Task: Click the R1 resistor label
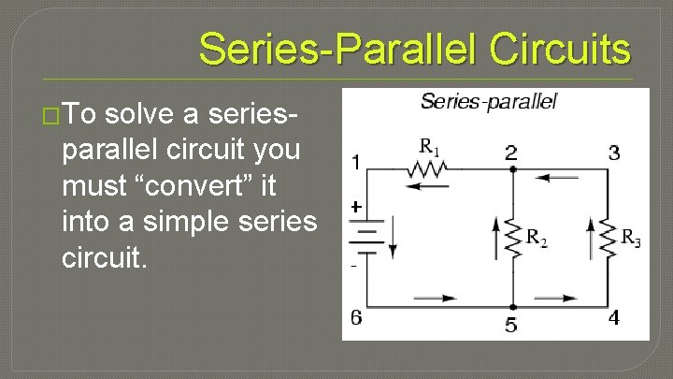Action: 429,147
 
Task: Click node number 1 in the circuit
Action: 356,163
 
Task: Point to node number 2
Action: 511,153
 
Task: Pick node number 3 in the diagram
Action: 613,153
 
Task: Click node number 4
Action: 613,318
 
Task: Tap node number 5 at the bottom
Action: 511,325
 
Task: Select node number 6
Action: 356,317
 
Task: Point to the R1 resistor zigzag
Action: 429,169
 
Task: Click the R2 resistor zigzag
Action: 511,239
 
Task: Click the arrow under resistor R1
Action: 429,185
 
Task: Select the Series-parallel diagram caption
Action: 488,101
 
